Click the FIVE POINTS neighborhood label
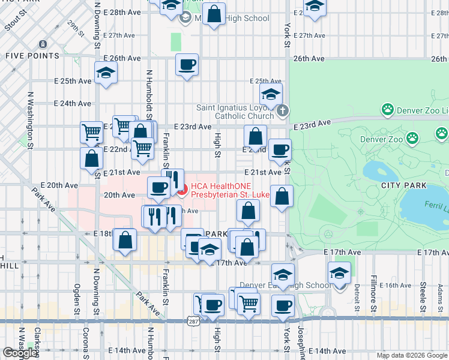pos(32,56)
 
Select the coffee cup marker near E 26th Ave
pos(187,65)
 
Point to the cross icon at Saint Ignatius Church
pos(283,111)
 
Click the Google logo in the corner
pos(20,353)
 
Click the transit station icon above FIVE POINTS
pos(43,44)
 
